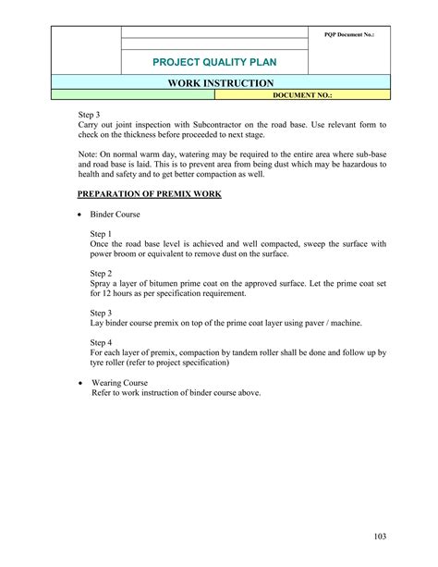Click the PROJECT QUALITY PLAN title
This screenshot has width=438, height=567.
tap(214, 63)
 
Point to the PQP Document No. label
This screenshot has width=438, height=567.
tap(348, 34)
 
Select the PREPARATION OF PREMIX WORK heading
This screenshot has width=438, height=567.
tap(149, 193)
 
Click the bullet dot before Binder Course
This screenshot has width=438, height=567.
tap(80, 214)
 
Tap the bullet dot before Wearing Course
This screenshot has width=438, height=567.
tap(80, 382)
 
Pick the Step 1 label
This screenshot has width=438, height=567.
tap(101, 234)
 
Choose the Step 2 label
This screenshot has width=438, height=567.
tap(101, 274)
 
